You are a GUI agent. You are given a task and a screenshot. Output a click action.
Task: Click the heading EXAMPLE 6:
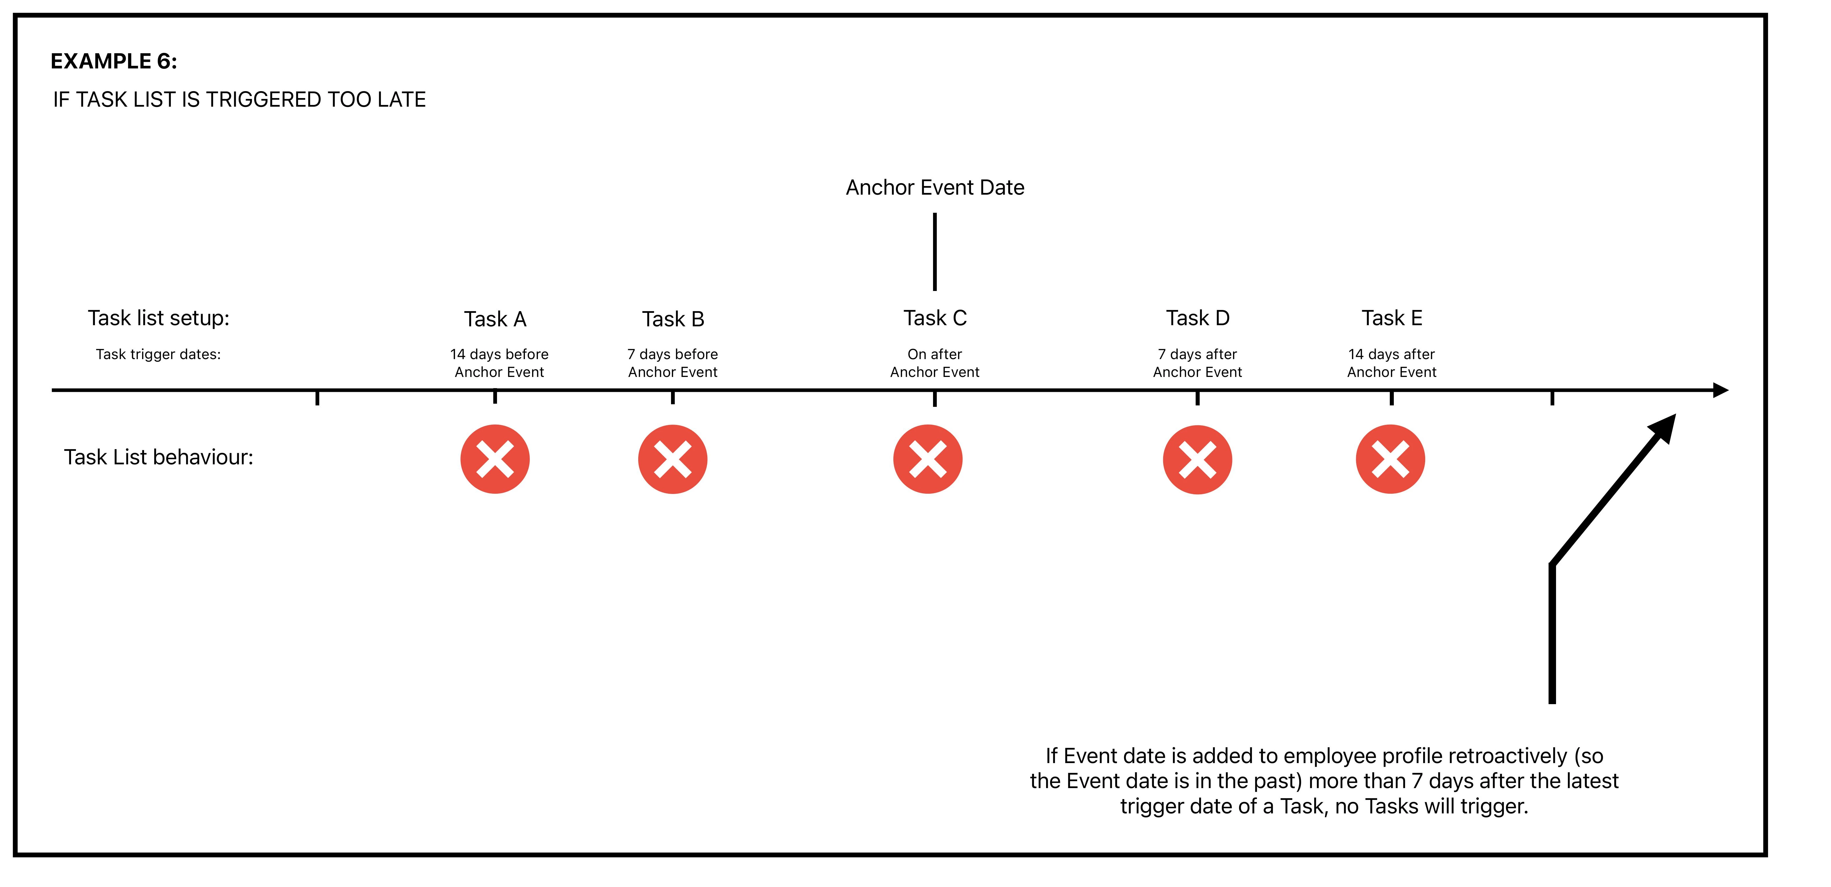114,61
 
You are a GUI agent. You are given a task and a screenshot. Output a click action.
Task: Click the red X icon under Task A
495,459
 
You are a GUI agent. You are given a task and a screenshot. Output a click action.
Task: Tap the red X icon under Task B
672,459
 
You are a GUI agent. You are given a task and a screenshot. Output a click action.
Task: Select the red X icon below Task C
928,459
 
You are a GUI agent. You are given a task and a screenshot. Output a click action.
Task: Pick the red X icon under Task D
1198,459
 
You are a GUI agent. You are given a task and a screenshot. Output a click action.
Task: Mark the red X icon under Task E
1390,459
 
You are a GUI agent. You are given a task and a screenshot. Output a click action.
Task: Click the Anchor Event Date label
935,188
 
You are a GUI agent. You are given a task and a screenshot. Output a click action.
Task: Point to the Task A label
495,319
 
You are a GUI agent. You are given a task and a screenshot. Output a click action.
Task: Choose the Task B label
673,319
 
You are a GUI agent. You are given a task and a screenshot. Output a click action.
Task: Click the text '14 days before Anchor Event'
499,363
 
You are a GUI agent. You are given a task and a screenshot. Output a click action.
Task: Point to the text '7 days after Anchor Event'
1198,363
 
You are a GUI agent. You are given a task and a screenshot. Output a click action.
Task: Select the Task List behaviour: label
158,457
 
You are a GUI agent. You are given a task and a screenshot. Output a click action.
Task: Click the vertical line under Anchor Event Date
935,252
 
